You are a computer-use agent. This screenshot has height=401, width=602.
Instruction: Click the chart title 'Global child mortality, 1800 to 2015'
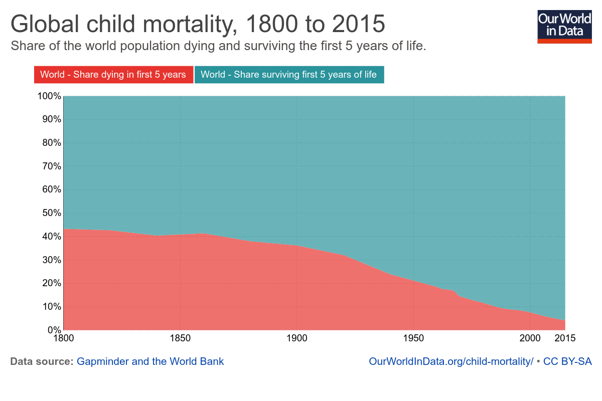198,24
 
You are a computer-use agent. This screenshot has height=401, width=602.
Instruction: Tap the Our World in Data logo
564,26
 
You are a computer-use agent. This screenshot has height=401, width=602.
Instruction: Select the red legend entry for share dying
113,75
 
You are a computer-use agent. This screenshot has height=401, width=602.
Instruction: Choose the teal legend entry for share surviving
288,75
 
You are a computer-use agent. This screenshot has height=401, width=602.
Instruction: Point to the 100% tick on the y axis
49,96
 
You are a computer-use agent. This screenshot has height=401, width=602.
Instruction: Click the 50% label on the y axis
51,213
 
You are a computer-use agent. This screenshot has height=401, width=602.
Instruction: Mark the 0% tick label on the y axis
54,330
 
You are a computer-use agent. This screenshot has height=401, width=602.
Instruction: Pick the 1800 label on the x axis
64,338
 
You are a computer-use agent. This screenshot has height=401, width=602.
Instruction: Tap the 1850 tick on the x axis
180,338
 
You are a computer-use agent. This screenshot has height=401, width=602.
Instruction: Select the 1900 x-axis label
297,338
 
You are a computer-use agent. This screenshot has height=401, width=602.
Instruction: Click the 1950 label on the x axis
413,338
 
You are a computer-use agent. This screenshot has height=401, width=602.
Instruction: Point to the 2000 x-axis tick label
530,338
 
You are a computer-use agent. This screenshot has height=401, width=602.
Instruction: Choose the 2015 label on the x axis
565,338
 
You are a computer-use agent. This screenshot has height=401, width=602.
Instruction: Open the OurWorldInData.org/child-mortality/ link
450,361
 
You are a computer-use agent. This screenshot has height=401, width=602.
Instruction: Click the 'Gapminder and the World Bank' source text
150,361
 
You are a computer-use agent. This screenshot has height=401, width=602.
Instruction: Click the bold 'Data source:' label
42,361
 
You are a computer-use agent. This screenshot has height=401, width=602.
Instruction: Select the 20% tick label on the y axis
51,283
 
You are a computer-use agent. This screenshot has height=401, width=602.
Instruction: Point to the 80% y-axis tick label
51,143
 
